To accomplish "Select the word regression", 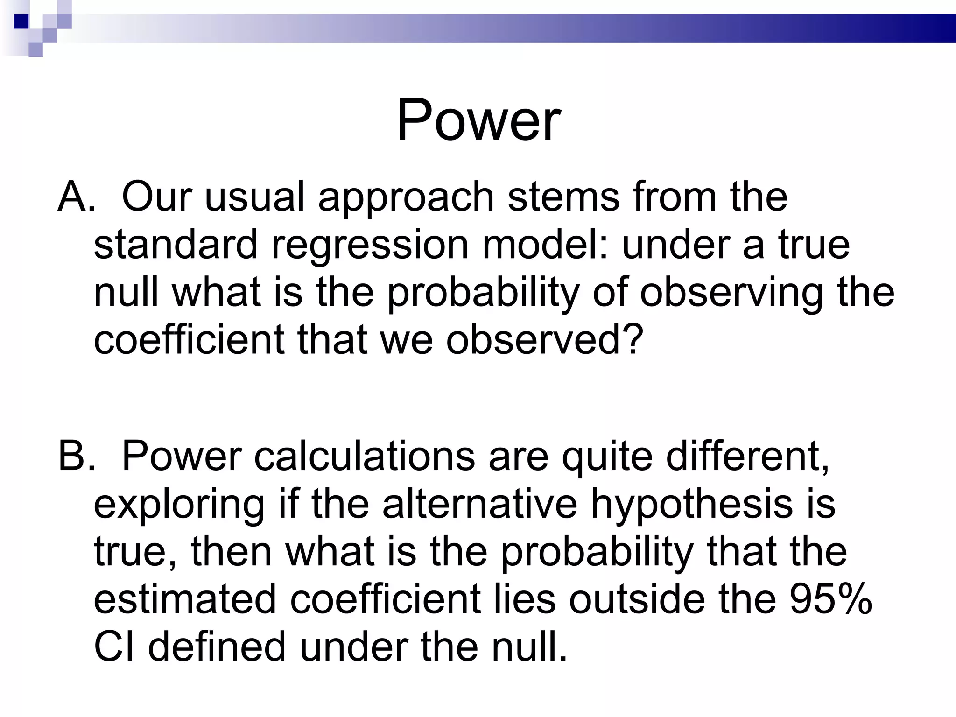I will coord(370,245).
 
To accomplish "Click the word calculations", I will coord(364,456).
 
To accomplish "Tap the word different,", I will coord(748,456).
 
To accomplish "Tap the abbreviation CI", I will coord(114,647).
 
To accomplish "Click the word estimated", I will coord(185,599).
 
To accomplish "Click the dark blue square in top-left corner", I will coord(21,21).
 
